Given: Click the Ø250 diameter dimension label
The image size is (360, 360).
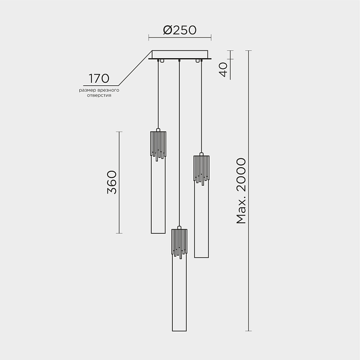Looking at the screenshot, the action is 180,30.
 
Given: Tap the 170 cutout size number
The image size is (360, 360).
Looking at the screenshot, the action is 99,79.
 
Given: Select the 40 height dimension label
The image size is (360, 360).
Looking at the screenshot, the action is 223,69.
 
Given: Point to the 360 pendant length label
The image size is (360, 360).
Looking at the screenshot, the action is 112,182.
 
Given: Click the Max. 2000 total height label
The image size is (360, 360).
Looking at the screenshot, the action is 241,191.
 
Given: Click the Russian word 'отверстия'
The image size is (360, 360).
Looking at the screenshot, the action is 99,95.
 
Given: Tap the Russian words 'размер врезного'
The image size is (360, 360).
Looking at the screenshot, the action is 99,90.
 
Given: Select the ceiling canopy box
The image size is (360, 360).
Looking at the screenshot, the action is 180,55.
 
